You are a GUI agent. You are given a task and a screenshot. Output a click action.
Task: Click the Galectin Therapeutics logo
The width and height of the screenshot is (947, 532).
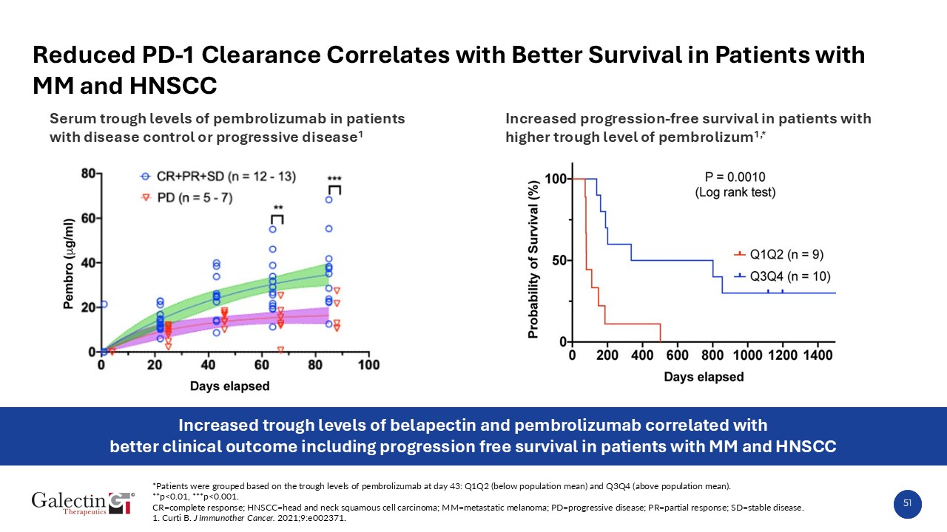[x=83, y=503]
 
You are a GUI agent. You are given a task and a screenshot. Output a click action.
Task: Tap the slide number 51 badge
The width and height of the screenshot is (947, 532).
[x=907, y=503]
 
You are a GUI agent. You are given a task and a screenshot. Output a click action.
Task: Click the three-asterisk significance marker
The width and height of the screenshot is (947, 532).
[x=334, y=179]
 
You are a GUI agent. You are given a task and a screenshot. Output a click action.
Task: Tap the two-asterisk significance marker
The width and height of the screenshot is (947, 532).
[x=277, y=208]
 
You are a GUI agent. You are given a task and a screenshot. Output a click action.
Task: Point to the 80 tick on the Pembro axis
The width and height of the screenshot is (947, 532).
[x=87, y=174]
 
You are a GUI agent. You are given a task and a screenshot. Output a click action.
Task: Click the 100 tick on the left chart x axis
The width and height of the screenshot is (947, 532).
[x=369, y=365]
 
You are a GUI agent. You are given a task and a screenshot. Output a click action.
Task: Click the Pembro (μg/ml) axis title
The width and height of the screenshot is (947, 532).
[x=68, y=262]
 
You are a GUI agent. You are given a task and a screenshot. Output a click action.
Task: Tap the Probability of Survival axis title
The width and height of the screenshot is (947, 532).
[x=533, y=260]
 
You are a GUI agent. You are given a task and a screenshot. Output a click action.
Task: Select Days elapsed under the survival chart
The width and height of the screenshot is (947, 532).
[x=703, y=377]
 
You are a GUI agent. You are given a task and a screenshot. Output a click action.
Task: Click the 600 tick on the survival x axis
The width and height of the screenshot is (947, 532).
[x=677, y=356]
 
